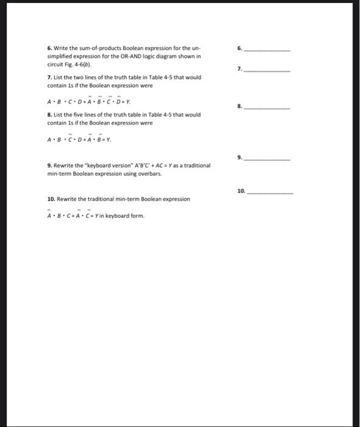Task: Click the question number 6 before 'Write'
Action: (x=49, y=48)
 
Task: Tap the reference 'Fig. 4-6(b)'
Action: (x=76, y=63)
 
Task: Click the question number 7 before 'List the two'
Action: (x=49, y=77)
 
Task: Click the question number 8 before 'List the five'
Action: (x=49, y=115)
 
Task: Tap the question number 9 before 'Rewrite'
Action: (x=49, y=165)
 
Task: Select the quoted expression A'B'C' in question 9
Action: (x=135, y=165)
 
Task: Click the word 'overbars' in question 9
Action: (x=153, y=173)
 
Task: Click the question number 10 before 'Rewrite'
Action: (x=51, y=199)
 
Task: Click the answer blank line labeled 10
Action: (x=272, y=192)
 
